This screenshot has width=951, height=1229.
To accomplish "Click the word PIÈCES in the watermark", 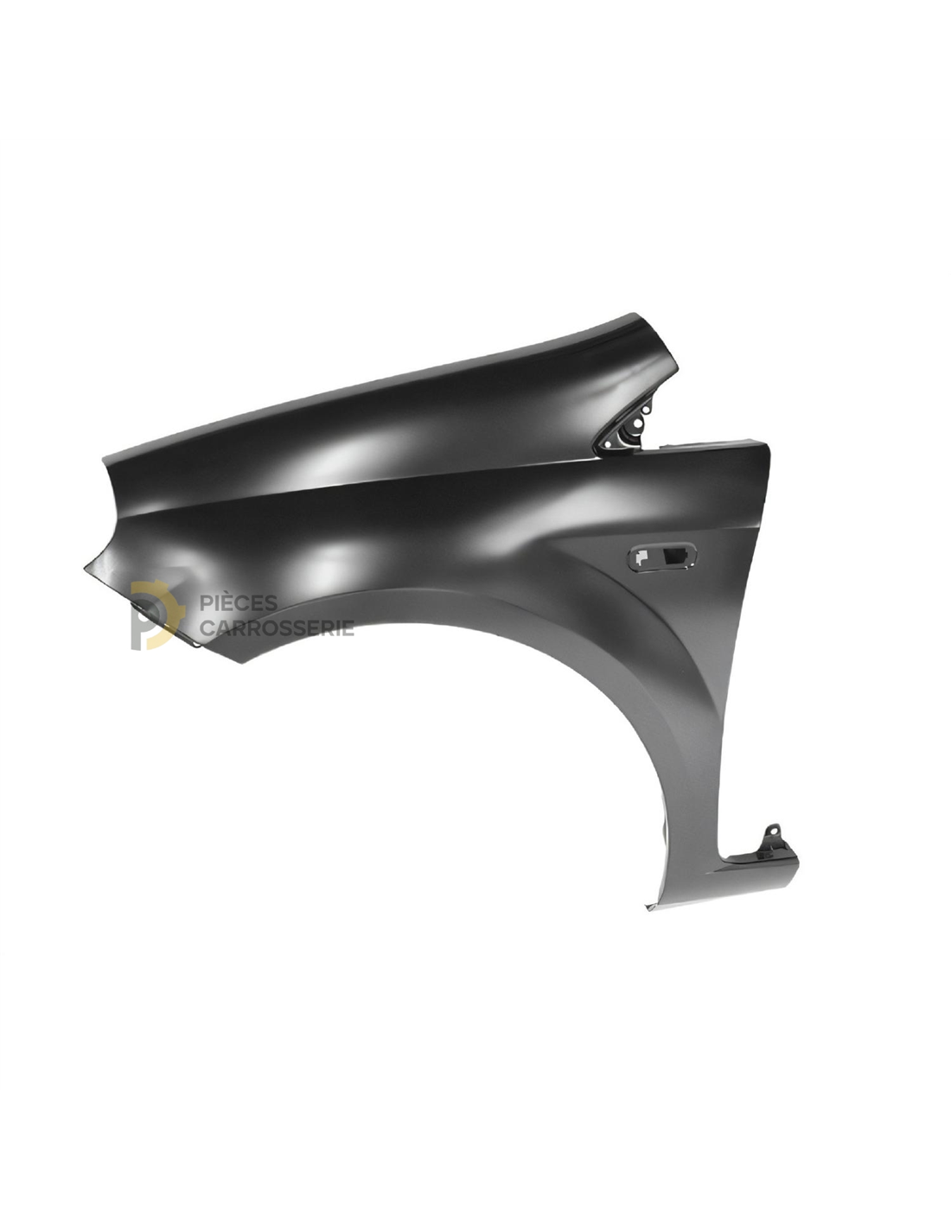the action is [x=239, y=603].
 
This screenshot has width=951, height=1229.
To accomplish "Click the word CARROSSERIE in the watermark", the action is [x=277, y=627].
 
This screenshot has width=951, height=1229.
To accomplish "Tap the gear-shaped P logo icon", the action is [x=157, y=614].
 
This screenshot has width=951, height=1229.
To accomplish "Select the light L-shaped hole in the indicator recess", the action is [x=641, y=557].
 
